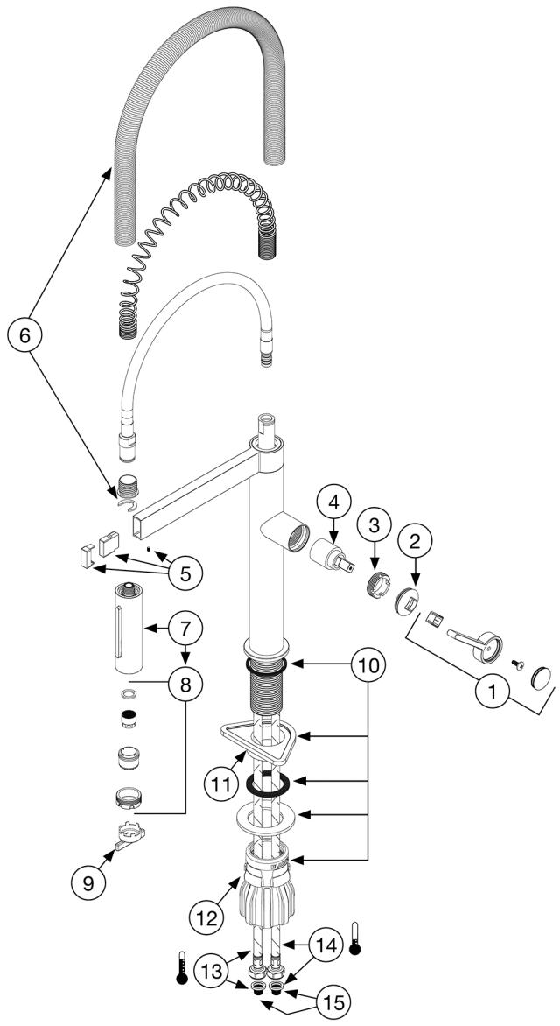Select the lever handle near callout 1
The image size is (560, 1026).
[472, 644]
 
